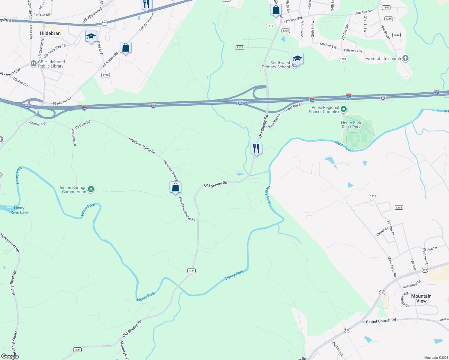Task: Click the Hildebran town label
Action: (x=50, y=33)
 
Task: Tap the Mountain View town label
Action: (x=421, y=298)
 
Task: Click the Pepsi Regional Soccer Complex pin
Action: (x=344, y=109)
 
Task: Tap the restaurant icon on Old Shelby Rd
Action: (x=256, y=148)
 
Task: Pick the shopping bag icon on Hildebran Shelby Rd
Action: (x=176, y=187)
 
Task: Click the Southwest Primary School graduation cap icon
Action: (x=297, y=58)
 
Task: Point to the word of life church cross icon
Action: (x=405, y=58)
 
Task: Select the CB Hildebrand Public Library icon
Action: (x=34, y=64)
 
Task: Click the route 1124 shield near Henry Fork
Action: (x=191, y=271)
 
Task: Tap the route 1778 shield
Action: (x=106, y=75)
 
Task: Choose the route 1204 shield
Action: (x=240, y=47)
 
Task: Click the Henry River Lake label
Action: (x=20, y=210)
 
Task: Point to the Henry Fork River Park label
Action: (x=351, y=125)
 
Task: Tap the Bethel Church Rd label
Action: (x=381, y=321)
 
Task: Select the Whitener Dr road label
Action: (x=74, y=137)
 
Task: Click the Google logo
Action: (x=10, y=356)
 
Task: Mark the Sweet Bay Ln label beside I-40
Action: (x=293, y=107)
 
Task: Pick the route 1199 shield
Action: (x=343, y=59)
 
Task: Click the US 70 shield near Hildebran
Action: (x=104, y=23)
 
